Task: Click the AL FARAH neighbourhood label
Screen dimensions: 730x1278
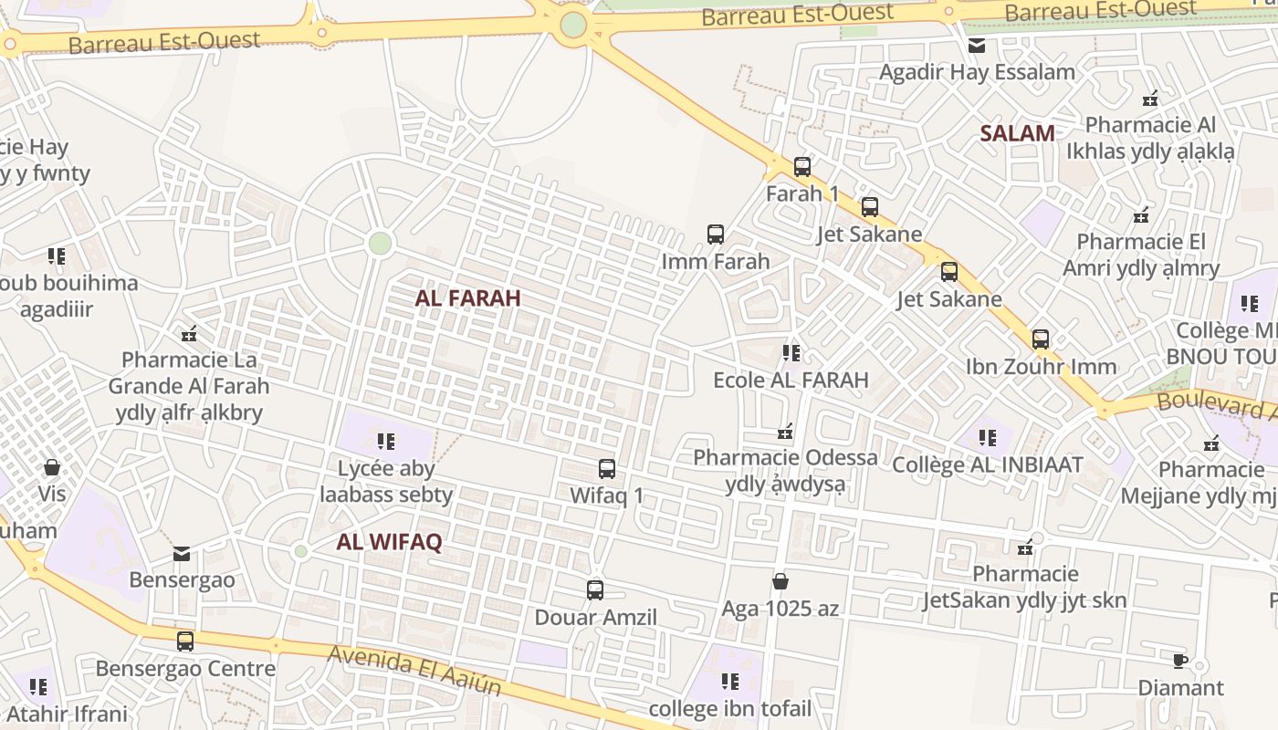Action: [467, 298]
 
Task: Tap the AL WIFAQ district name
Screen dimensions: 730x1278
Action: [389, 542]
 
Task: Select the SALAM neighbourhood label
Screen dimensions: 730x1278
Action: [1017, 133]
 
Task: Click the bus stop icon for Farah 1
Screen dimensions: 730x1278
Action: [802, 167]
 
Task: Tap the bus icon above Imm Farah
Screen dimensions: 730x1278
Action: [716, 235]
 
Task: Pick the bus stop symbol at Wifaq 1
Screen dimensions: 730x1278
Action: [607, 469]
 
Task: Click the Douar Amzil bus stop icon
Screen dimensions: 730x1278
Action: [595, 590]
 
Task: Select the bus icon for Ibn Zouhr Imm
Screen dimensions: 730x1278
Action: [1041, 339]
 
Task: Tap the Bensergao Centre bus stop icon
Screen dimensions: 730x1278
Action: [185, 641]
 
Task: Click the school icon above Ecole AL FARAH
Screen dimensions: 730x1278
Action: [791, 352]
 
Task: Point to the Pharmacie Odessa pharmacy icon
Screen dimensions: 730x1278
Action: [785, 431]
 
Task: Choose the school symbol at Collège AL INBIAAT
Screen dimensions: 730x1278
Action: [987, 438]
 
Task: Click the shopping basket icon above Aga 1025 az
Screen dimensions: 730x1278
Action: [780, 581]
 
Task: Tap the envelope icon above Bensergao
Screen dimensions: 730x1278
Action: [182, 554]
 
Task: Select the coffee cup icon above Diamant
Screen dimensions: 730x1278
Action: [1179, 661]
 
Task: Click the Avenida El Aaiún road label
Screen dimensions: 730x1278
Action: [414, 669]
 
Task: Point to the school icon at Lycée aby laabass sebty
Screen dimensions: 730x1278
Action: [386, 442]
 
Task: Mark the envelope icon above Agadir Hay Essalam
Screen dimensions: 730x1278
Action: [977, 46]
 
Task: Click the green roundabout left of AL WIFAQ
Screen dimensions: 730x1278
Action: [300, 551]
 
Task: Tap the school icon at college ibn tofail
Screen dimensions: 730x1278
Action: [729, 682]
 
